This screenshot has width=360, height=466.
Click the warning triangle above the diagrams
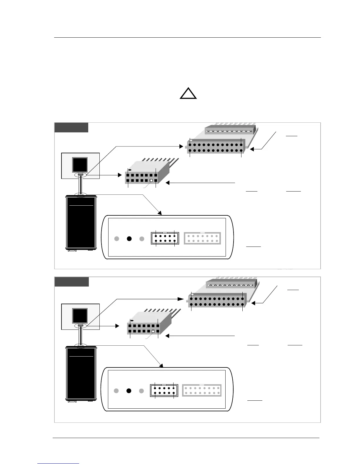coord(188,94)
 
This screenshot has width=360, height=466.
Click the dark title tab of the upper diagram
coord(71,128)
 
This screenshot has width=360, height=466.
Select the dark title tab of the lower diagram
coord(72,282)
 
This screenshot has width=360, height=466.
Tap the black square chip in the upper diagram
coord(80,165)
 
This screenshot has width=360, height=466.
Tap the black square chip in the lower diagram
coord(80,316)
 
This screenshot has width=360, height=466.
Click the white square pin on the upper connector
coord(151,181)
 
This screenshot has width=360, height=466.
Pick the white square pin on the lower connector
coord(153,332)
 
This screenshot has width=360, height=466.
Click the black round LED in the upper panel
coord(129,239)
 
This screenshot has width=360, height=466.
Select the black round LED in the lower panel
coord(129,391)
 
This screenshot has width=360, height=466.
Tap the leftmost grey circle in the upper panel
coord(117,239)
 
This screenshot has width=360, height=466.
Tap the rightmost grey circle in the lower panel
coord(141,391)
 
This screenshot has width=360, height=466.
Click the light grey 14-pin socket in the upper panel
coord(202,238)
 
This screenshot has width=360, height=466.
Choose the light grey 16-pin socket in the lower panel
coord(202,390)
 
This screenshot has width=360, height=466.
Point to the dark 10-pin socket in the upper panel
coord(165,238)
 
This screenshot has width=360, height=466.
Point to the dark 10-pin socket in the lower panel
coord(164,390)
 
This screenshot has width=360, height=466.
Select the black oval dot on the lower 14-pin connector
coord(132,321)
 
